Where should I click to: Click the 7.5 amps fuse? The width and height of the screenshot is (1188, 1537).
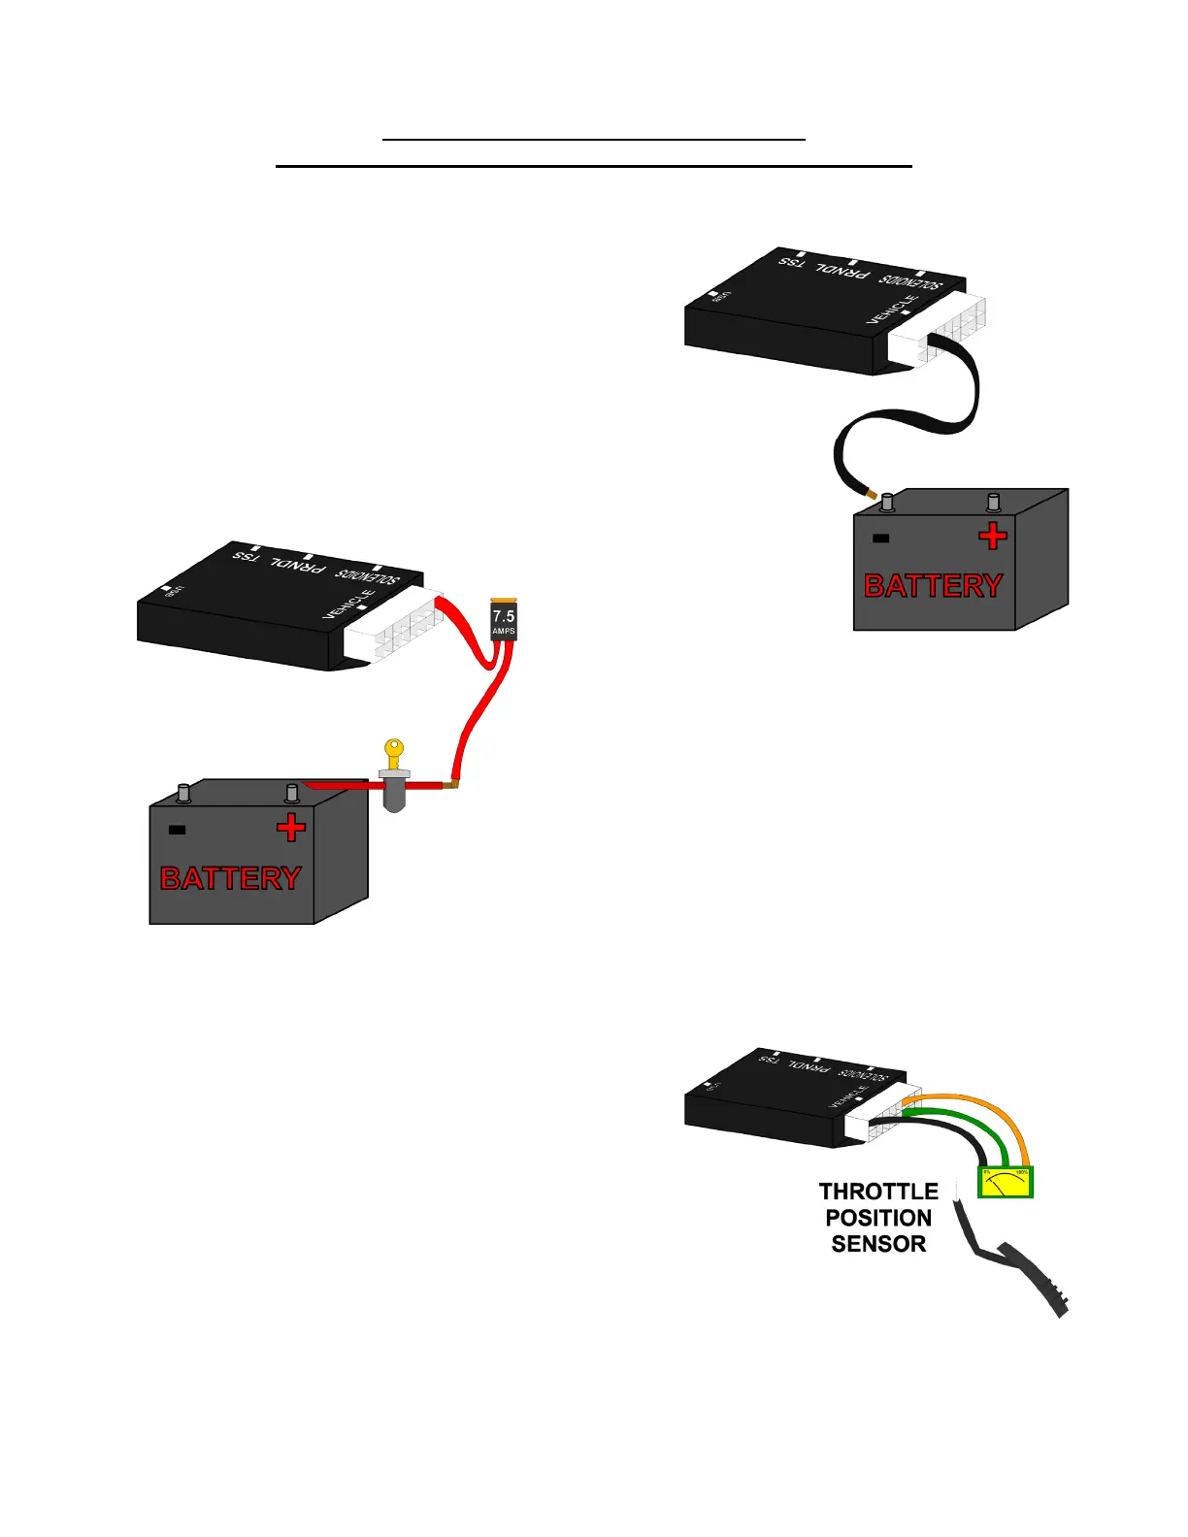504,619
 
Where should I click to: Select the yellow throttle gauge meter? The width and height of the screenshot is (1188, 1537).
1005,1182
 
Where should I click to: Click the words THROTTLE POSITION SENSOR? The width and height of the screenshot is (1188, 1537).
878,1218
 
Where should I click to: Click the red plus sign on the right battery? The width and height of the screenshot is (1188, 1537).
992,536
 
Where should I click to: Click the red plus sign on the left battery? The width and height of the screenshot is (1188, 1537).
290,828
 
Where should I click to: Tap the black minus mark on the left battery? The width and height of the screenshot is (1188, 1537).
177,830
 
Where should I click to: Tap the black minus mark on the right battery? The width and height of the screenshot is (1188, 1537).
881,539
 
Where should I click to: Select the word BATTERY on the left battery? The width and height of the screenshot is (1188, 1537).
231,878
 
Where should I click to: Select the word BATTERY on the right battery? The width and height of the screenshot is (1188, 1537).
934,586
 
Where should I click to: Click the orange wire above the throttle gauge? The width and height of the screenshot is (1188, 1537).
980,1106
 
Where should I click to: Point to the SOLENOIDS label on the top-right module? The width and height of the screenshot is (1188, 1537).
910,282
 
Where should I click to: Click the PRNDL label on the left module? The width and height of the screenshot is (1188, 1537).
297,563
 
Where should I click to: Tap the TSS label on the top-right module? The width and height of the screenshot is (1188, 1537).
792,261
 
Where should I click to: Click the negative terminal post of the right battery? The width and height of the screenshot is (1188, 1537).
886,503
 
